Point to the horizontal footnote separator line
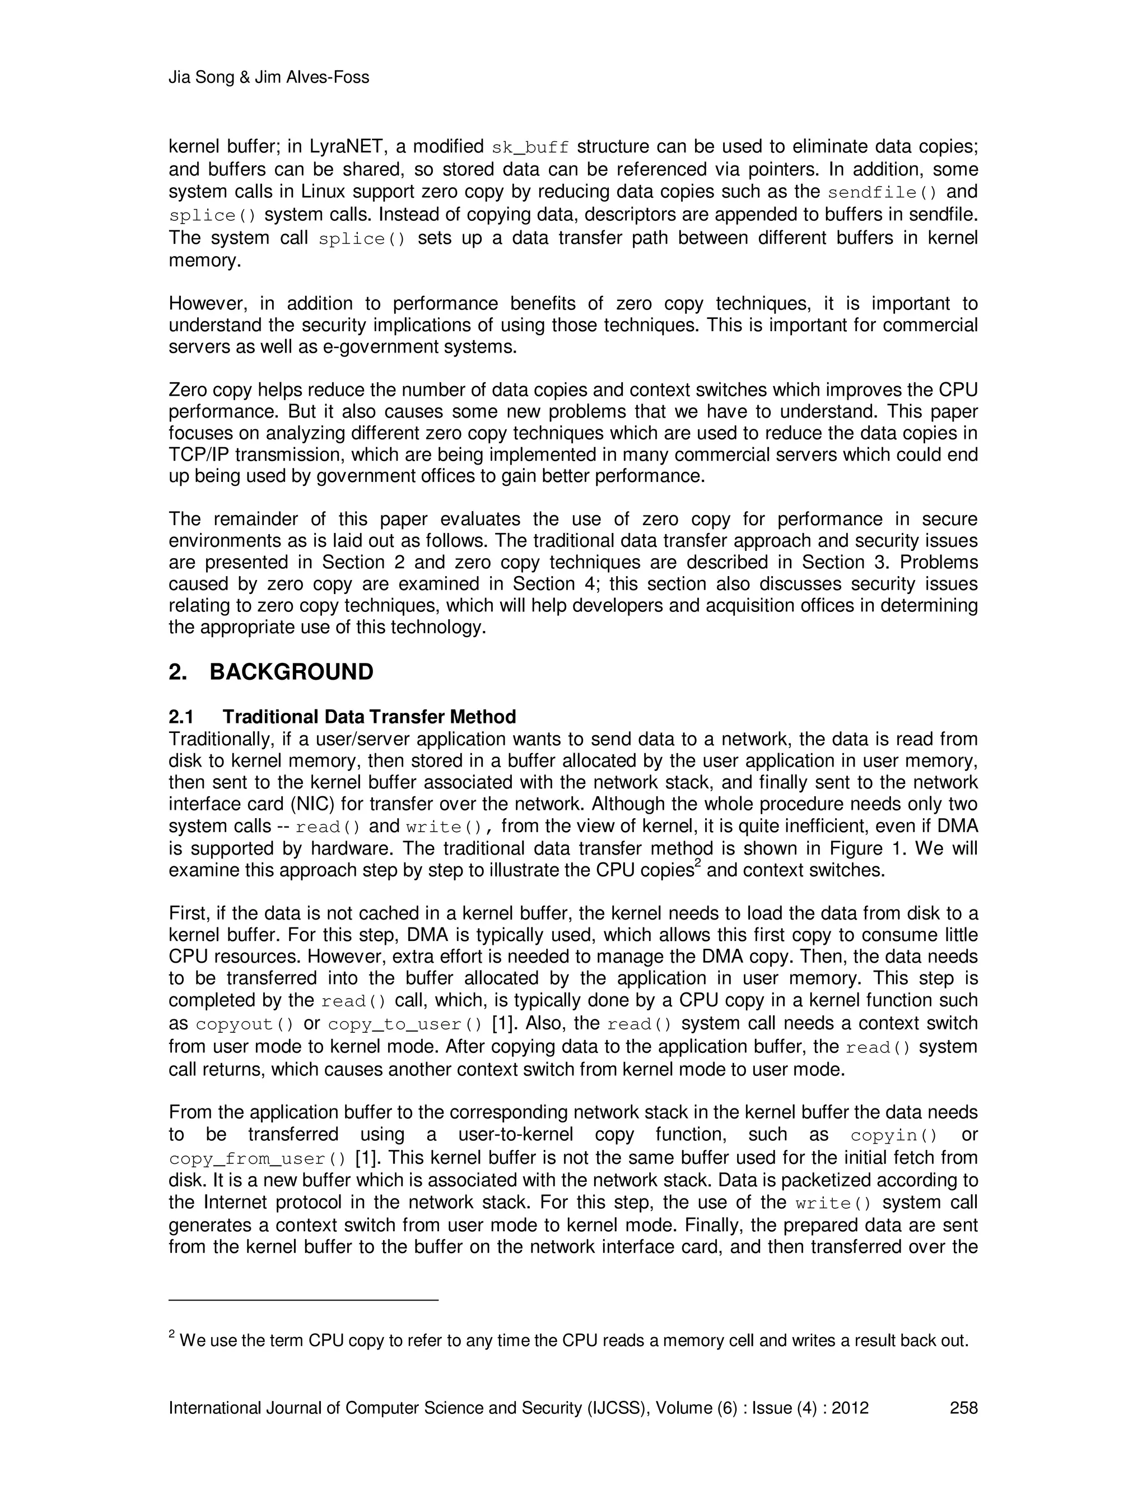[x=304, y=1300]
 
